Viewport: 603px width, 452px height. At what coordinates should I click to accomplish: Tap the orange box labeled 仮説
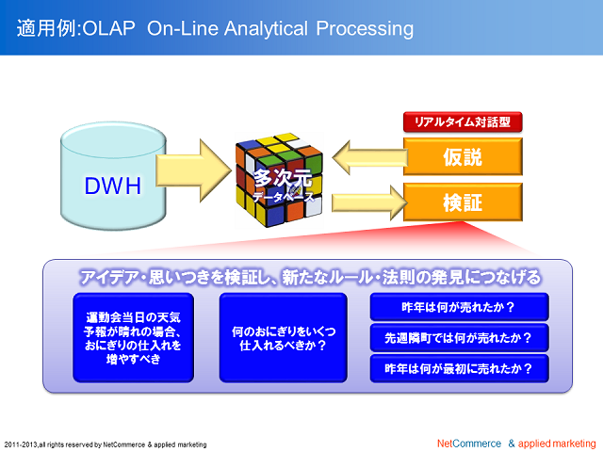[x=462, y=156]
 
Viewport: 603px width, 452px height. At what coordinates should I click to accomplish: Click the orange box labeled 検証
[x=462, y=202]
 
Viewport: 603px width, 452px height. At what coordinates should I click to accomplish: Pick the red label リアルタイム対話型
[x=462, y=122]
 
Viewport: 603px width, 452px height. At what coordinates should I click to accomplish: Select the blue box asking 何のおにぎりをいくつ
[x=283, y=338]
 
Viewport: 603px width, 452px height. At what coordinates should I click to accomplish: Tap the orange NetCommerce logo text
[x=469, y=443]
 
